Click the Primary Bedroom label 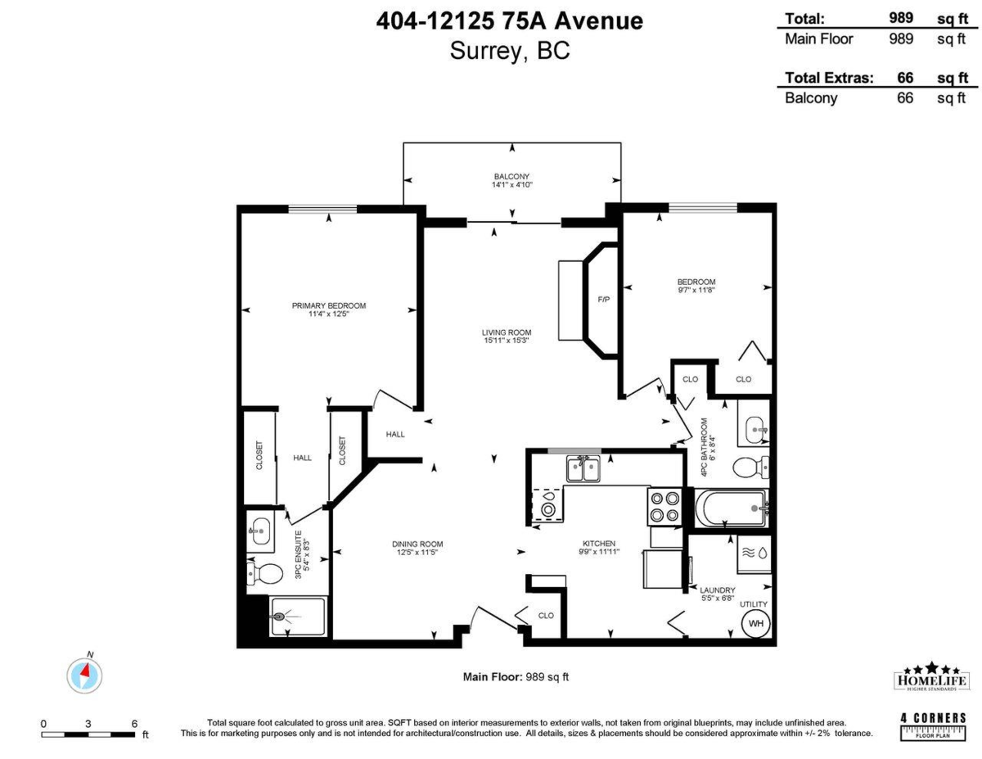pyautogui.click(x=329, y=305)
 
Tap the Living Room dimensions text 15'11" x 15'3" pyautogui.click(x=507, y=341)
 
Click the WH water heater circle pyautogui.click(x=755, y=623)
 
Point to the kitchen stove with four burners pyautogui.click(x=664, y=505)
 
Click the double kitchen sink pyautogui.click(x=583, y=470)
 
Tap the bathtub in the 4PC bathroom pyautogui.click(x=731, y=508)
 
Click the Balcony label pyautogui.click(x=511, y=177)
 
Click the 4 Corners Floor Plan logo pyautogui.click(x=933, y=726)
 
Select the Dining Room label pyautogui.click(x=417, y=544)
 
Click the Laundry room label pyautogui.click(x=717, y=590)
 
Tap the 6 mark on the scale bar pyautogui.click(x=134, y=724)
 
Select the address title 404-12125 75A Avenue pyautogui.click(x=509, y=21)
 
